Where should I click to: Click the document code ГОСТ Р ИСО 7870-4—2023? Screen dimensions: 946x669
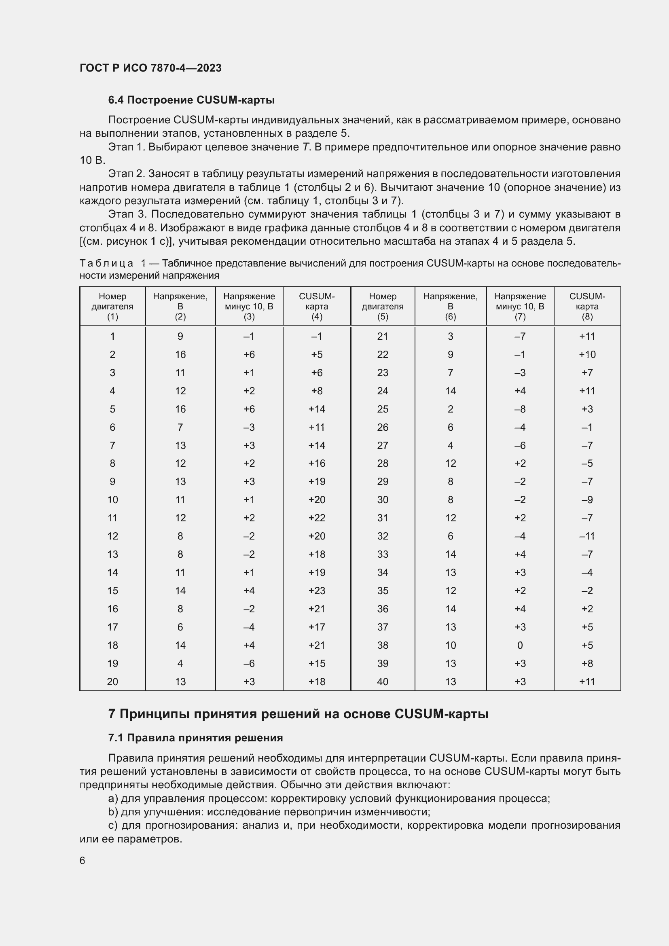(150, 68)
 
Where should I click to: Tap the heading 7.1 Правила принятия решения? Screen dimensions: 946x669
(195, 738)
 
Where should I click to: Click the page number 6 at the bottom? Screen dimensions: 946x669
(83, 860)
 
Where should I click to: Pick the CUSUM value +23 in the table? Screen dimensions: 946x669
(316, 590)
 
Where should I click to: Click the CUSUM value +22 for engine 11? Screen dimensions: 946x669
(316, 518)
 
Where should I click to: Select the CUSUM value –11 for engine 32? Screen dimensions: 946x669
(586, 536)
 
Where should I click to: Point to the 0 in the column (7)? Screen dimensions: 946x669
(519, 645)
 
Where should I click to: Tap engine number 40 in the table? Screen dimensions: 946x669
(382, 681)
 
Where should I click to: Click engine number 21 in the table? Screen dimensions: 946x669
(382, 336)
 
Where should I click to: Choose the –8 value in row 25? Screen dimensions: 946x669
(519, 409)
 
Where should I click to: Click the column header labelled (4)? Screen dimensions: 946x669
(316, 316)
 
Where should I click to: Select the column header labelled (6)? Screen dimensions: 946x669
(450, 316)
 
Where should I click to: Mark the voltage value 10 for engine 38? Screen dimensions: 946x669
(450, 645)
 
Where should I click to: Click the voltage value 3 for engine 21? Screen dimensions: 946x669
(450, 336)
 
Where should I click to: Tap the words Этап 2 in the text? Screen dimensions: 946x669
(126, 174)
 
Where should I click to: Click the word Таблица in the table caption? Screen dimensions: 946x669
(106, 263)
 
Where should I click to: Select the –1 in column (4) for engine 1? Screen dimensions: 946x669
(316, 336)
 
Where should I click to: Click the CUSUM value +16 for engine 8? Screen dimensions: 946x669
(316, 463)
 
